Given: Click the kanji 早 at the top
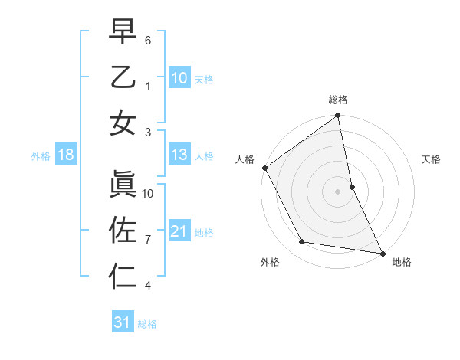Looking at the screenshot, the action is point(123,32).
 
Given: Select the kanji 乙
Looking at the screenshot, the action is point(123,78).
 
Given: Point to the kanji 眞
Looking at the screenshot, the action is point(123,182).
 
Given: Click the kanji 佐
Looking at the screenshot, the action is point(123,229).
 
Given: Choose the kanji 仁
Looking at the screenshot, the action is point(123,275).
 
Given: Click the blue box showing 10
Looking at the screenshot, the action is point(179,77).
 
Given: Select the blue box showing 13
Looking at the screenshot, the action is point(179,155).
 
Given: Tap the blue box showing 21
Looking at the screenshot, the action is point(179,231).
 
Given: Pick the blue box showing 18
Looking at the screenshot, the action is point(66,155).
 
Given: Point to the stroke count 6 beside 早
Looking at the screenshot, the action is point(148,38).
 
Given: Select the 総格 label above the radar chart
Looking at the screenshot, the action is point(338,100).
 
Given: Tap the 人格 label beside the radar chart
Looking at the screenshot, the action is point(245,159).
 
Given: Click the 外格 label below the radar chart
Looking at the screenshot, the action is point(270,262).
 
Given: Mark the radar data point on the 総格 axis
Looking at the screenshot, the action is point(338,116).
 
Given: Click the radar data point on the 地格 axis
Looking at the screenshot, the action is point(382,252).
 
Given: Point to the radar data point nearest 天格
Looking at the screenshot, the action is point(352,186).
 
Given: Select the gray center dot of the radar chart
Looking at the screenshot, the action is point(338,191).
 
